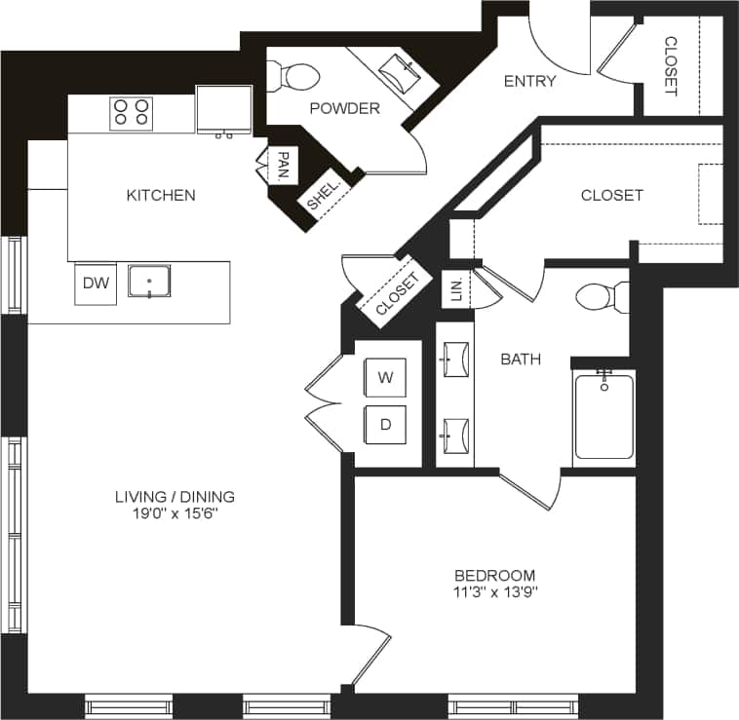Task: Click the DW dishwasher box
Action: coord(96,284)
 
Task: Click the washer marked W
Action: coord(386,378)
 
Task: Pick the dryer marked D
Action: coord(386,426)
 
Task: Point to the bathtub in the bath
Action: coord(603,416)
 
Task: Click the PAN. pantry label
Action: coord(282,165)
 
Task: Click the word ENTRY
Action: coord(529,81)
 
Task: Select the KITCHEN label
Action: coord(161,195)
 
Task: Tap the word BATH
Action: coord(521,360)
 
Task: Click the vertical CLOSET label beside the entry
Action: coord(671,66)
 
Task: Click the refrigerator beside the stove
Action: coord(224,110)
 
